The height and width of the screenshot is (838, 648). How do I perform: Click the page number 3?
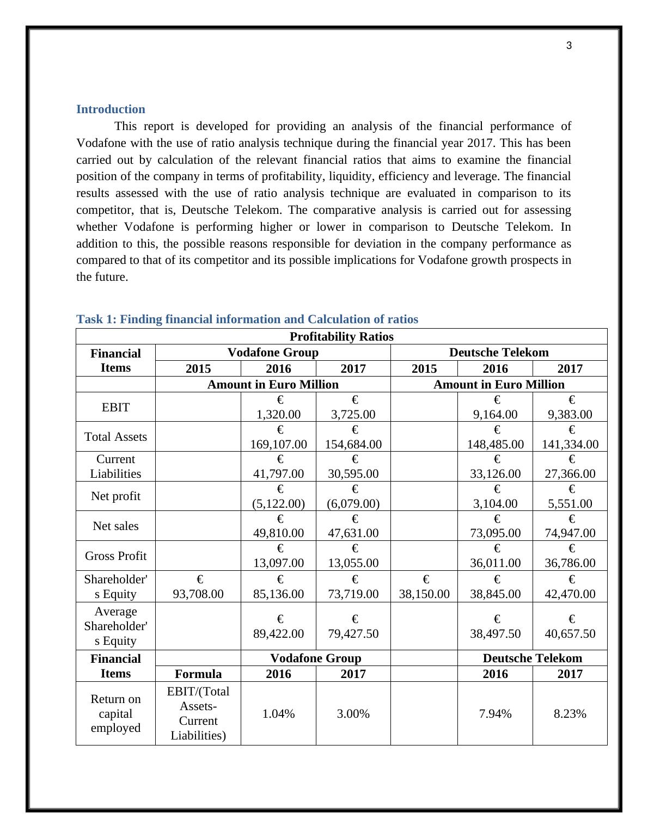tap(569, 46)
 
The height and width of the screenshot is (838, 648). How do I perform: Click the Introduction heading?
tap(111, 109)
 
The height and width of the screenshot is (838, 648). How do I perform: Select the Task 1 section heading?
tap(247, 319)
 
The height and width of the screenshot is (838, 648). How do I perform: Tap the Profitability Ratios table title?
tap(341, 336)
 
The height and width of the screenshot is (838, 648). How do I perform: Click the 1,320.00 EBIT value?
tap(278, 414)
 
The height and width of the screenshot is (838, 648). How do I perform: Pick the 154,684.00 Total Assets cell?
tap(353, 444)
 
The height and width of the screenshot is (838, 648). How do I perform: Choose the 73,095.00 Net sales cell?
tap(496, 533)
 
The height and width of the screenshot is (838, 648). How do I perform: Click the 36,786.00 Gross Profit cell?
tap(570, 563)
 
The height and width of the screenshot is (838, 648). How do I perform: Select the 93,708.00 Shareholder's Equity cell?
tap(198, 594)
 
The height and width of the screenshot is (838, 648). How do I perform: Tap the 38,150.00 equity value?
tap(424, 594)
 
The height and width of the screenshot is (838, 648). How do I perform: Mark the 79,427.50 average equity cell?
tap(353, 633)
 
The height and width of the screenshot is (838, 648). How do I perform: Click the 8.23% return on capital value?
tap(570, 713)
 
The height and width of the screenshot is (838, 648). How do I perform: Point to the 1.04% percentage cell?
tap(278, 713)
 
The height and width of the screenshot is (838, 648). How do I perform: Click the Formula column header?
tap(198, 674)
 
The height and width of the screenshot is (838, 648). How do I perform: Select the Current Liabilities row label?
tap(115, 466)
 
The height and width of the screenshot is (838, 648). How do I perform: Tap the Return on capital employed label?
tap(115, 713)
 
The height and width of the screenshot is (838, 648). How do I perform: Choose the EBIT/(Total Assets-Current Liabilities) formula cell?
tap(198, 713)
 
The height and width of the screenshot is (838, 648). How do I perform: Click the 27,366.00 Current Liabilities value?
tap(570, 473)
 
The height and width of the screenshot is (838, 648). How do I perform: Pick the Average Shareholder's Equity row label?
tap(115, 626)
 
